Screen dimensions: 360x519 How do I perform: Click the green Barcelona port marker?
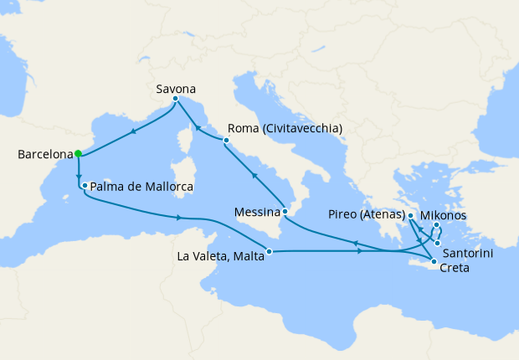[x=77, y=153]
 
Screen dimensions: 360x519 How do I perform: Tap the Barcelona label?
[x=44, y=154]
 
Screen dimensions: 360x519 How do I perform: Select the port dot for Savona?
[x=175, y=99]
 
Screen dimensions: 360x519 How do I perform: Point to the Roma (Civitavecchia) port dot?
[x=226, y=141]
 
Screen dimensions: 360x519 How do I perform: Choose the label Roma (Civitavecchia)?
[x=285, y=128]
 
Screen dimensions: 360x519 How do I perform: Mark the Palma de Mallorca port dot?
[x=85, y=185]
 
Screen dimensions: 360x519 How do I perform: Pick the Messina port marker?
[x=285, y=213]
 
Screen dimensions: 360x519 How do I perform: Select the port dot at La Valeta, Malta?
[x=268, y=251]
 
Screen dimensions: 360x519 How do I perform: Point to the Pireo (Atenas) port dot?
[x=411, y=216]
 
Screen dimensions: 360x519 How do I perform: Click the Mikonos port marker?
[x=437, y=225]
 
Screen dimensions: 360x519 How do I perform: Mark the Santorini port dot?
[x=437, y=243]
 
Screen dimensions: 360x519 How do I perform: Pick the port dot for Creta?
[x=434, y=263]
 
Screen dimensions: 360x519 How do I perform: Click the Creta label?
[x=455, y=269]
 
